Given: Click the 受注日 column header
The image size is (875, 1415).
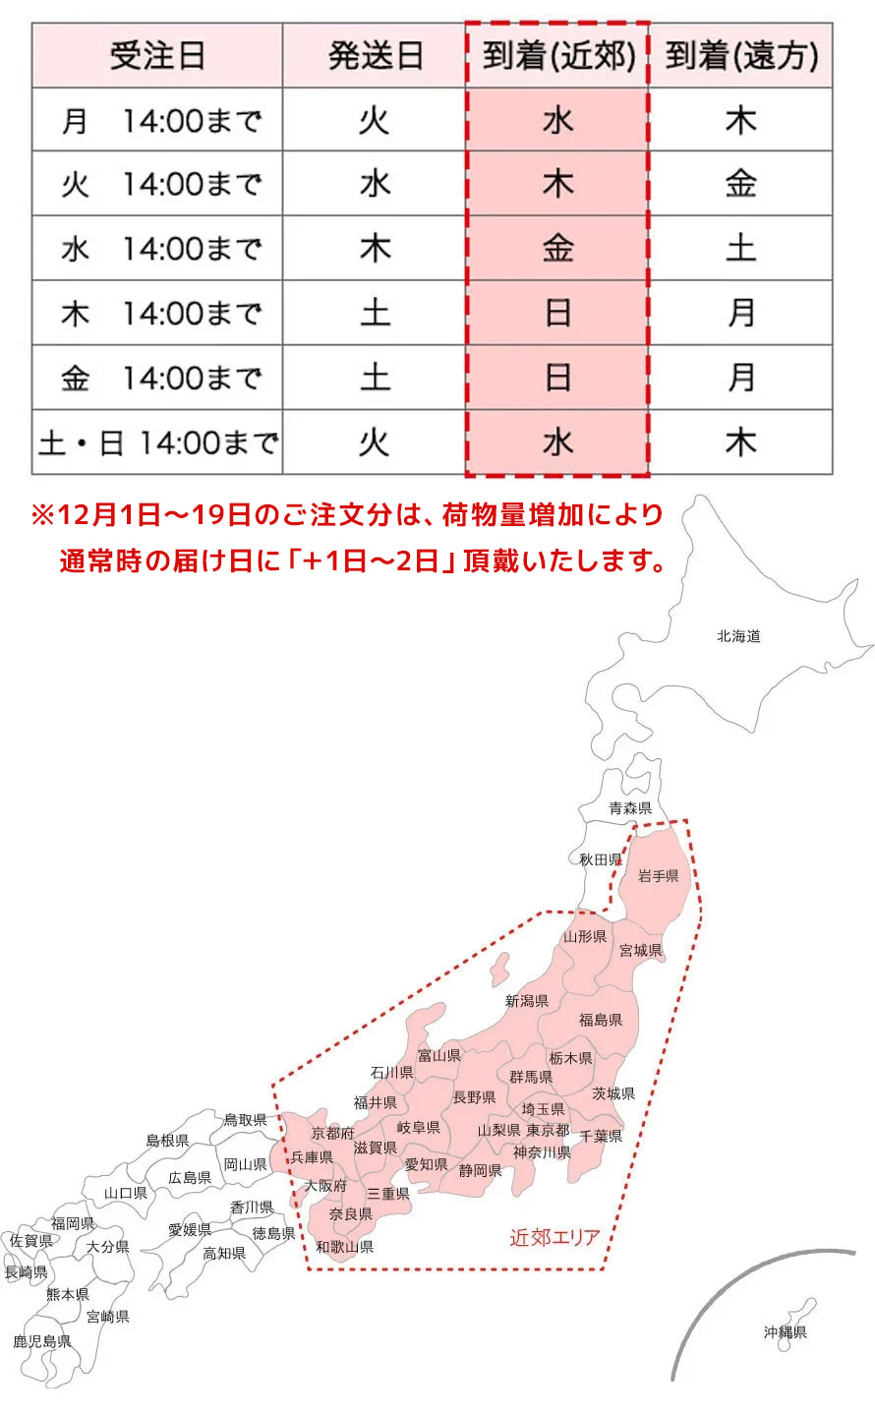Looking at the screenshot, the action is pos(157,56).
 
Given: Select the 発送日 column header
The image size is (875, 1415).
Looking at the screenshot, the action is pos(375,56).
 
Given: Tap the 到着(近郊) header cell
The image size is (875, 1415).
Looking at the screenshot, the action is pos(557,56).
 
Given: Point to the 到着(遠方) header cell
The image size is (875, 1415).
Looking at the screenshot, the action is pos(741,56).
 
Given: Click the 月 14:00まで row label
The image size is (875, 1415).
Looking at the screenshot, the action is pos(157,121).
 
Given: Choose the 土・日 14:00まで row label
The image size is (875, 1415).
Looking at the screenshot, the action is pos(157,443).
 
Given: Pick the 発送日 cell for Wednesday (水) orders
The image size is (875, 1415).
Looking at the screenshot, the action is pos(375,249).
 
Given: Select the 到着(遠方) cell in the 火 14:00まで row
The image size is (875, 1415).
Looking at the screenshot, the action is pos(741,184).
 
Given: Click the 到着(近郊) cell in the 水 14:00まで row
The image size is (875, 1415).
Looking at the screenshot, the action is pos(557,249).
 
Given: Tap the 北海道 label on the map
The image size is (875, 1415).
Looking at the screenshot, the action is pos(738,636).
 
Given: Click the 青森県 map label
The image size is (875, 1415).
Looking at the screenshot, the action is pos(630,808).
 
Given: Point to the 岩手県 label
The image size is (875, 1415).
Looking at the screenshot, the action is pos(658,875).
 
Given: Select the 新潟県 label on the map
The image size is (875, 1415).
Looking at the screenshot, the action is pos(527,1001).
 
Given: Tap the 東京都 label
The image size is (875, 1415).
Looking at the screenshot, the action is pos(548,1131).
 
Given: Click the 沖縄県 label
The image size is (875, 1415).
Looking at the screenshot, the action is pos(786,1332).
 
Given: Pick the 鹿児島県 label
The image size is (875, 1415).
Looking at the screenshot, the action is pos(42,1341).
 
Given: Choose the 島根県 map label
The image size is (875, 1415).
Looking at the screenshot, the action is pos(167,1141).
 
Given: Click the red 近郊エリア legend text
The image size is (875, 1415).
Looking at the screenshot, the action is pos(554,1237).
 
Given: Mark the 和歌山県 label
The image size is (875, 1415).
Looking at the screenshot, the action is pos(345,1247).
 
